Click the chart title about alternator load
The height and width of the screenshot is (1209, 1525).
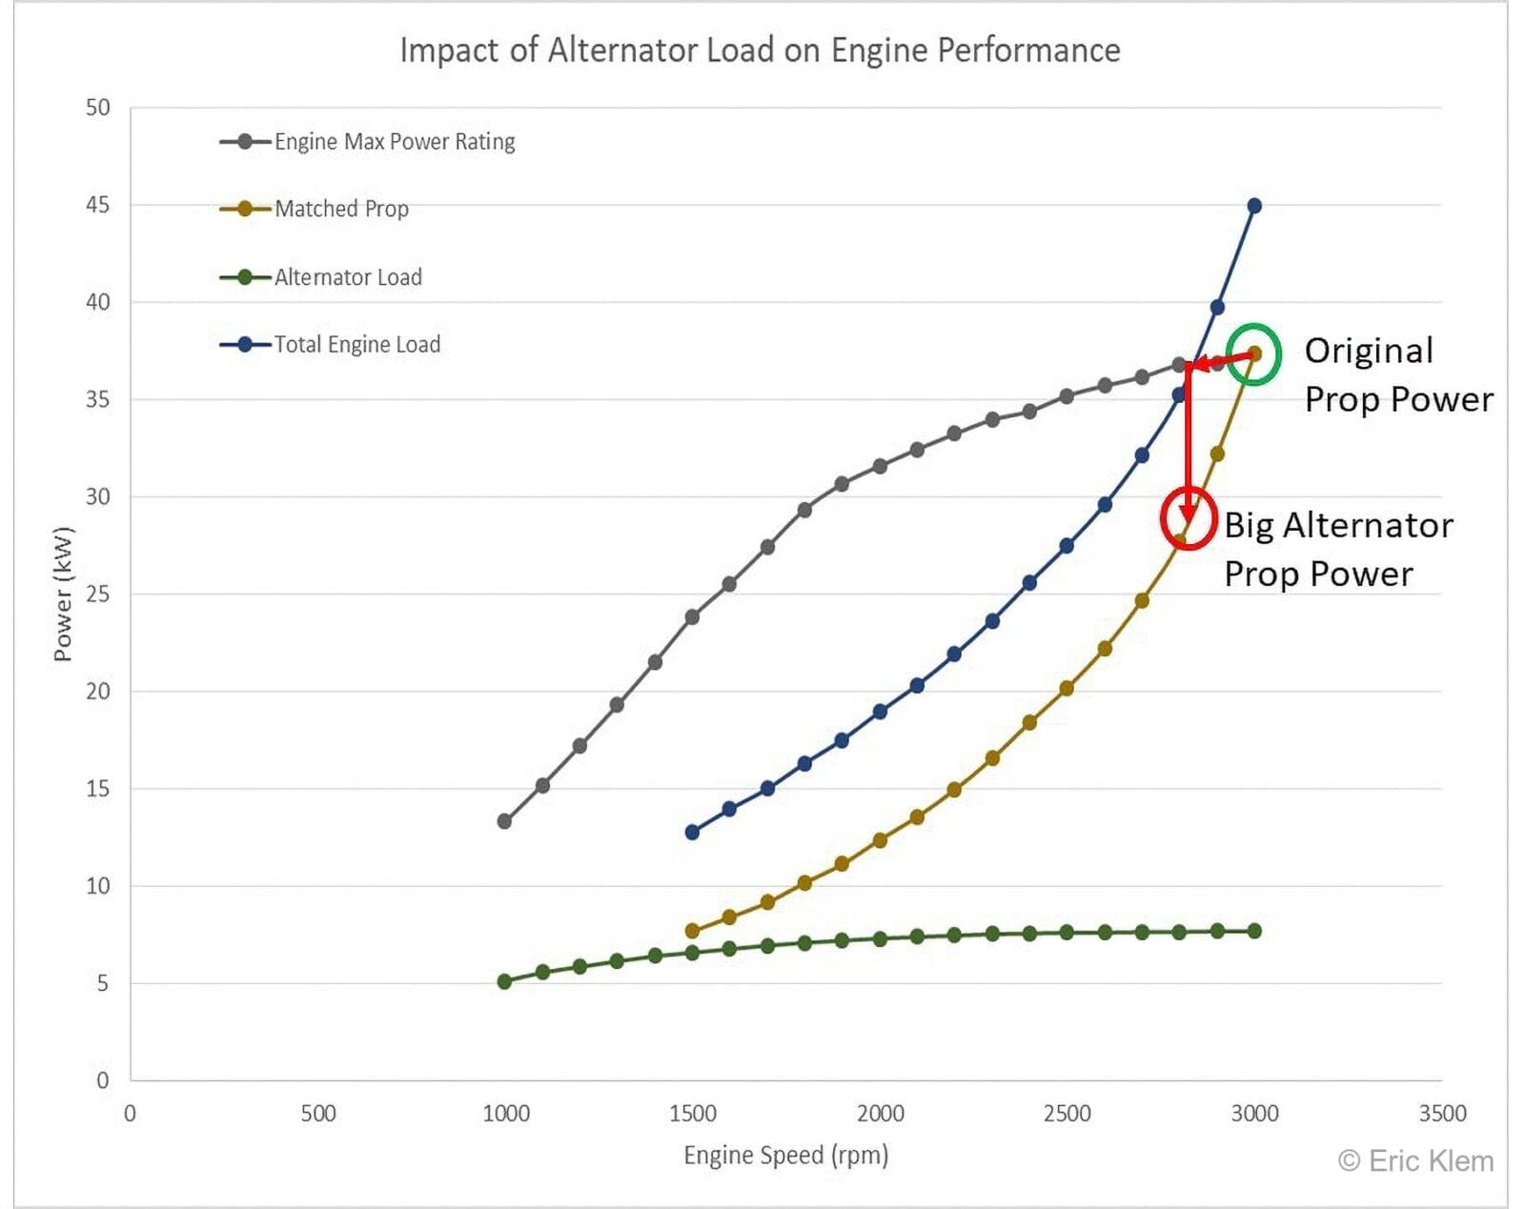coord(760,50)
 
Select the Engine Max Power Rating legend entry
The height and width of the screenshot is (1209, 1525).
coord(394,142)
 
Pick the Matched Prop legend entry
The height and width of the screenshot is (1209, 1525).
coord(340,209)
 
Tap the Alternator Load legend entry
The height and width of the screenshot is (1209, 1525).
coord(347,277)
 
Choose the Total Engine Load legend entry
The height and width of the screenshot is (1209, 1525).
coord(356,345)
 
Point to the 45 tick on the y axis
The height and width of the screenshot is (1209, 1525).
coord(98,205)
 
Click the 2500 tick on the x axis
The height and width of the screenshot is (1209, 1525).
coord(1067,1113)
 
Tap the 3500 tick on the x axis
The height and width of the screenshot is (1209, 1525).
coord(1441,1113)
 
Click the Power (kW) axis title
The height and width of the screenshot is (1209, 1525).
coord(63,594)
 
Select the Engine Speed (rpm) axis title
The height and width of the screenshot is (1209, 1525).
coord(785,1155)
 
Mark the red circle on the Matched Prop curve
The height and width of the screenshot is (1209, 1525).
coord(1189,518)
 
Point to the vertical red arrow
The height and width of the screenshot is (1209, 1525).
coord(1188,438)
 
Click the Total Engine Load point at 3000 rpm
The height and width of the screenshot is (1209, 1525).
coord(1254,206)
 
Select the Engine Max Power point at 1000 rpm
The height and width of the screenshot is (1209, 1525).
coord(504,821)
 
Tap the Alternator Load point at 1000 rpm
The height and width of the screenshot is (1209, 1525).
coord(504,981)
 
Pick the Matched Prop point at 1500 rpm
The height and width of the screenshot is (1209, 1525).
coord(692,931)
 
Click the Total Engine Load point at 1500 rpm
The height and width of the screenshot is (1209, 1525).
coord(692,833)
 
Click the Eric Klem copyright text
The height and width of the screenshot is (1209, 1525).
coord(1415,1161)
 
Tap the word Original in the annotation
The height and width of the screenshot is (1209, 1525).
coord(1369,351)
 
